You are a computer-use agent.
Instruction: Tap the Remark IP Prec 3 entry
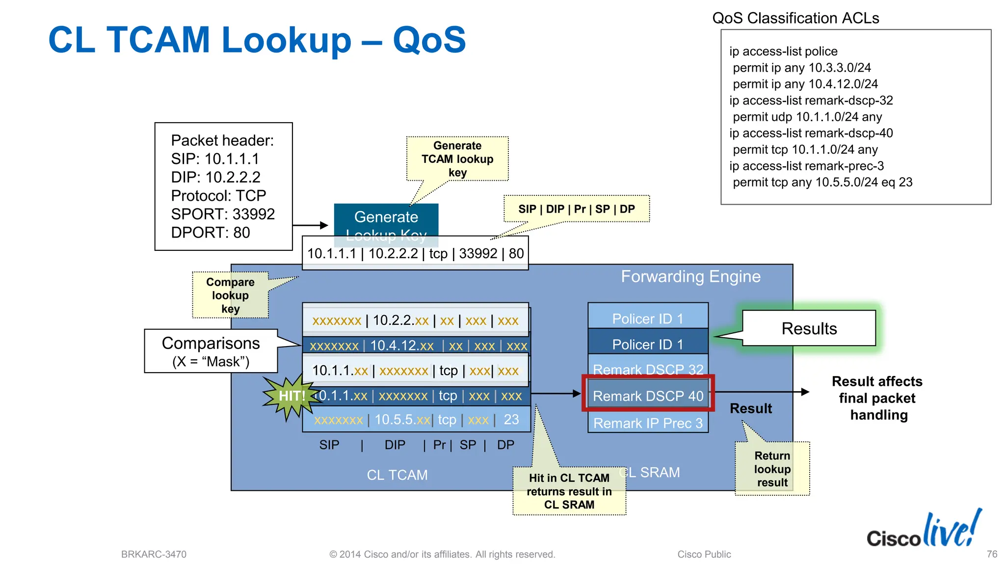point(648,423)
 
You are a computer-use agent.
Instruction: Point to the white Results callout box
point(809,328)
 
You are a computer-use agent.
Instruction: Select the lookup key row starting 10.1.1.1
point(415,253)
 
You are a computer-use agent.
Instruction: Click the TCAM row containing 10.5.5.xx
point(416,420)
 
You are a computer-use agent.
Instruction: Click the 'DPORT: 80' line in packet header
point(211,233)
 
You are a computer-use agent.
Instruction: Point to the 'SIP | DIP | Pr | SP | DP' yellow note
point(577,209)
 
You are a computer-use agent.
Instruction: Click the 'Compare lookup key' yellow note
point(230,295)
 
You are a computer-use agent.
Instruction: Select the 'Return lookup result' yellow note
point(772,469)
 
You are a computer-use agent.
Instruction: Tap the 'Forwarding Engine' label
point(690,276)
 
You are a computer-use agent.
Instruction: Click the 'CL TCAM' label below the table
point(397,475)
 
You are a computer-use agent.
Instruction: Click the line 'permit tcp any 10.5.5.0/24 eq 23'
point(822,183)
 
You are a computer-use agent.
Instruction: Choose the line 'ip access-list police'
point(783,52)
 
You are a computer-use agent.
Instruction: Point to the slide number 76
point(992,554)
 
